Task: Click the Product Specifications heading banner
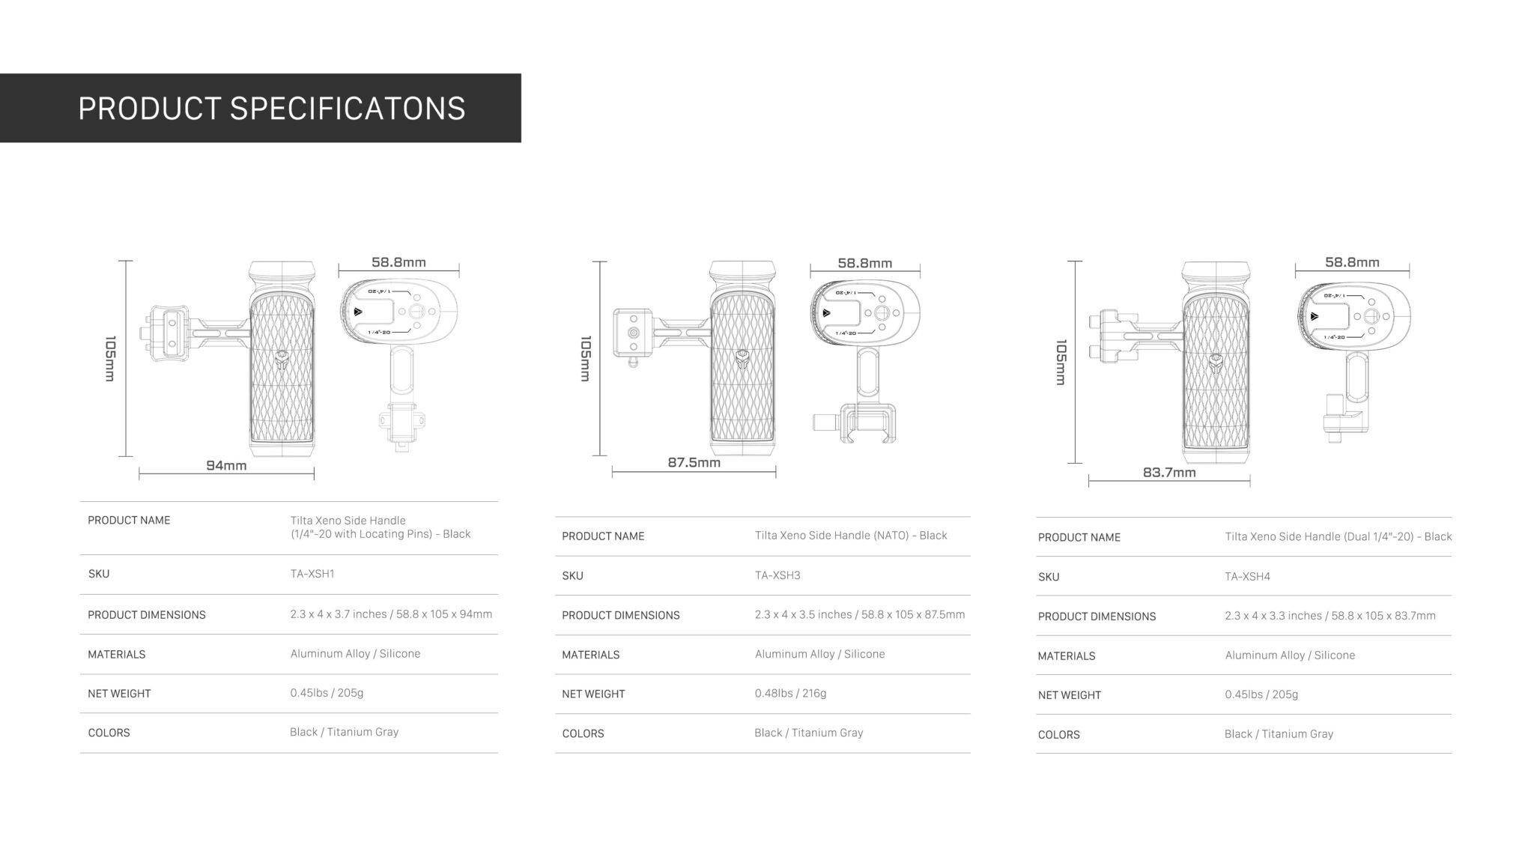[260, 108]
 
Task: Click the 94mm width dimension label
[226, 466]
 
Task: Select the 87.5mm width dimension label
[694, 463]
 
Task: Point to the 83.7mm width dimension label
[1169, 473]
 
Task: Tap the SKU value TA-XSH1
[312, 574]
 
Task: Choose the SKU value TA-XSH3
[777, 575]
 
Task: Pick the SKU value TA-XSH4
[1247, 577]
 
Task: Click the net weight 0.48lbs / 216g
[790, 694]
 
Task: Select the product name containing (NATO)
[851, 536]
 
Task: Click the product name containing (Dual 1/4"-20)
[1339, 536]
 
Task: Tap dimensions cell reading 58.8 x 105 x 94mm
[391, 614]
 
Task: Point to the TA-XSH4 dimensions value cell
[1330, 616]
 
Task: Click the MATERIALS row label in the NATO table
[591, 655]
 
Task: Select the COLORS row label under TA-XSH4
[1059, 735]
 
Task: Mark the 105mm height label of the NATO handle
[586, 358]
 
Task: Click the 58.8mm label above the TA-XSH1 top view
[398, 262]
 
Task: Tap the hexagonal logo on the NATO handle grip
[742, 360]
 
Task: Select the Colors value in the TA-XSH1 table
[345, 732]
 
